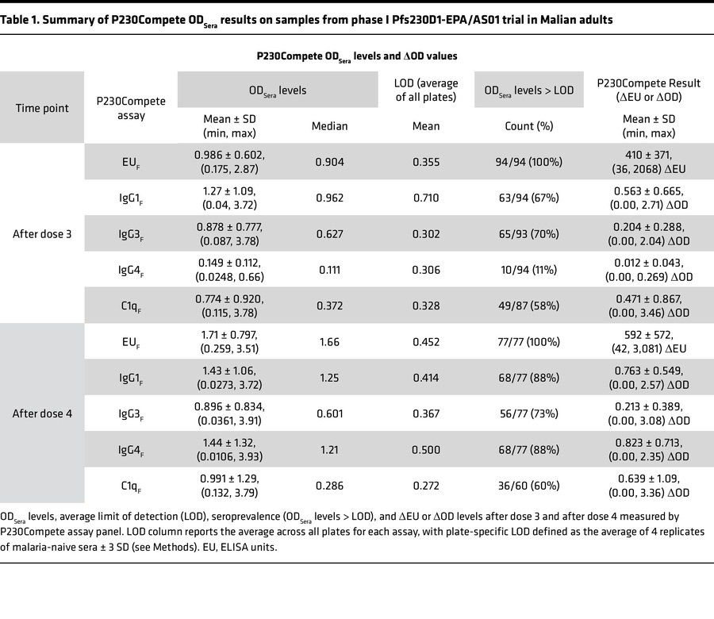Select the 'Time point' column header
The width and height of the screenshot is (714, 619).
[x=43, y=108]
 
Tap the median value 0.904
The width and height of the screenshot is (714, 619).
[x=328, y=162]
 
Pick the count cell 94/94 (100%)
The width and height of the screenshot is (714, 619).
[x=528, y=162]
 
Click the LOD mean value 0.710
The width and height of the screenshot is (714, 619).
[x=427, y=198]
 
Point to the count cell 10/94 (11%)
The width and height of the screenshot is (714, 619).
[x=528, y=269]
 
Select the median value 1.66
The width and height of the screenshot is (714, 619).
[x=328, y=341]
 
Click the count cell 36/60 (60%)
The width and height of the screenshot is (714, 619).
[x=528, y=484]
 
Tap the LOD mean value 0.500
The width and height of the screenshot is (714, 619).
[x=427, y=448]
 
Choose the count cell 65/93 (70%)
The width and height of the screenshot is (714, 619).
[x=528, y=233]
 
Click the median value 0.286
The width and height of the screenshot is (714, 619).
[x=328, y=484]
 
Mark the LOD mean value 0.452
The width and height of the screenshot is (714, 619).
[x=427, y=341]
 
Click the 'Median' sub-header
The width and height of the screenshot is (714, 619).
[x=328, y=125]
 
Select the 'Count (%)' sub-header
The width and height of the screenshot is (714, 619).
[x=528, y=125]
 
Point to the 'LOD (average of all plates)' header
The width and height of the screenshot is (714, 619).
[x=427, y=90]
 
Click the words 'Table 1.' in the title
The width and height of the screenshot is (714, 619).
[x=25, y=19]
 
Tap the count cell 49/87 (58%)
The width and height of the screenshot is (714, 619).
[x=528, y=306]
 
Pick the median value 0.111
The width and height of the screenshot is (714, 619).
[x=328, y=269]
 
